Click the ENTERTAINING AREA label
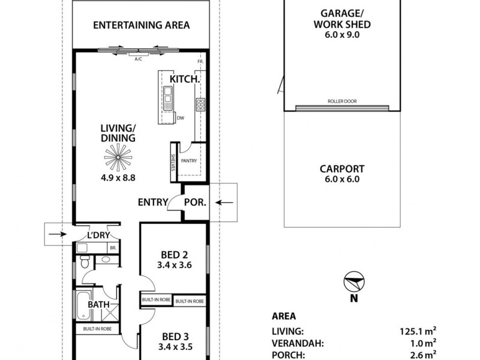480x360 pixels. (142, 25)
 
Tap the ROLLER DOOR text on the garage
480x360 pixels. (342, 101)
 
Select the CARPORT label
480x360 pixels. (341, 169)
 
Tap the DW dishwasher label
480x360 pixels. (180, 118)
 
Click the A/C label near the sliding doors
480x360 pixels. (138, 59)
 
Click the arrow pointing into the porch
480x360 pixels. (225, 203)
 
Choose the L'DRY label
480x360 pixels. (97, 235)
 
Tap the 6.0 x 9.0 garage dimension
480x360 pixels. (341, 35)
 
